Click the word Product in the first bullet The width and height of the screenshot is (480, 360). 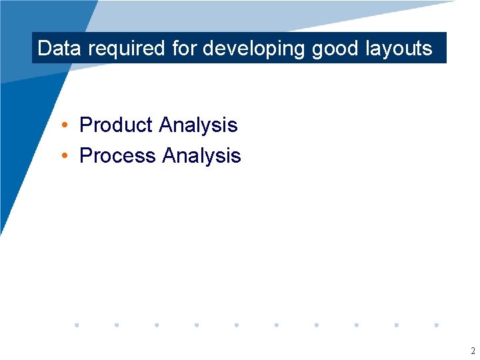[x=116, y=125]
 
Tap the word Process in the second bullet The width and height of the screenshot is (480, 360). [x=117, y=155]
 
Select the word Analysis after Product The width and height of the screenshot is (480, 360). [x=198, y=125]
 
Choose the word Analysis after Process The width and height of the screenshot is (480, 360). [x=201, y=156]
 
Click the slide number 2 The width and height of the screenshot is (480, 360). [x=473, y=351]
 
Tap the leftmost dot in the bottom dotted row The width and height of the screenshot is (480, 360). [x=77, y=325]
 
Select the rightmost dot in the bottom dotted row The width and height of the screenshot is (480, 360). [x=437, y=325]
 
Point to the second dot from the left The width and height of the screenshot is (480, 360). [x=117, y=325]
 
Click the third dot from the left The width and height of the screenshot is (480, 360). [x=157, y=325]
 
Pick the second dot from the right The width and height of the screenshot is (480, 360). [x=397, y=325]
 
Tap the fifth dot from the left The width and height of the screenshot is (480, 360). [x=237, y=325]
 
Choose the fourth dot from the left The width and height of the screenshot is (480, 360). [x=197, y=325]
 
